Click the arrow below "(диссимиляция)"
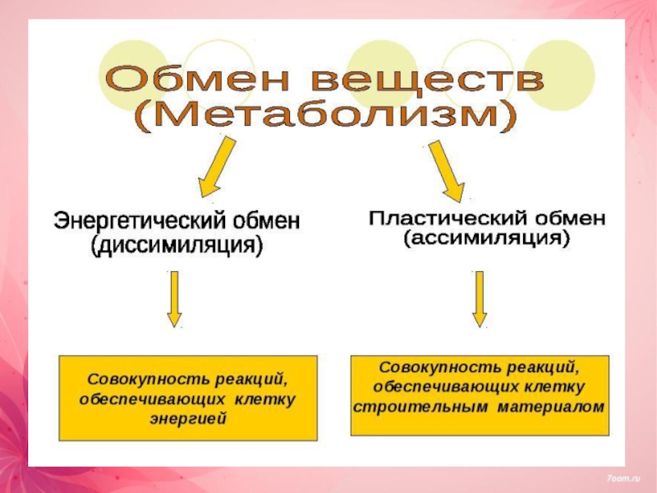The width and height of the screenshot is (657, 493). [x=174, y=300]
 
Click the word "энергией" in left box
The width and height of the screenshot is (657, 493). [x=188, y=418]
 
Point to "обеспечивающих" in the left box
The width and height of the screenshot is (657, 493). [x=152, y=399]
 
